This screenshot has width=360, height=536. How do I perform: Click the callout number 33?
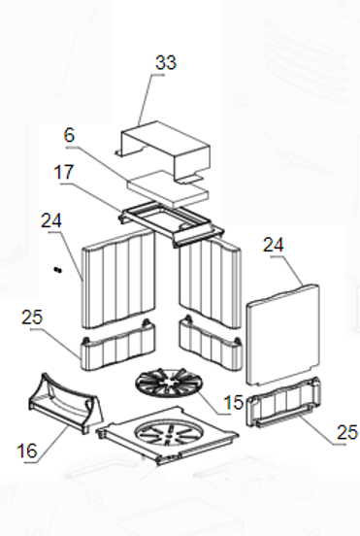[x=166, y=62]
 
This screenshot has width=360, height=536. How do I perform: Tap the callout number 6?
[x=69, y=135]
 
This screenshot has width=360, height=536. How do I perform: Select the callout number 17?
[x=64, y=172]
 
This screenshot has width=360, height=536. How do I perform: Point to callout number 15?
[x=234, y=402]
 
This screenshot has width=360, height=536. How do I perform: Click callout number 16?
[x=26, y=451]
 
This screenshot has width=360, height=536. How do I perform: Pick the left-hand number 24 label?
[x=51, y=220]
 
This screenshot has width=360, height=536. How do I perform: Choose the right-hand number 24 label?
[x=274, y=245]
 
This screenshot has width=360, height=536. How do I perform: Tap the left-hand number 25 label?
[x=32, y=318]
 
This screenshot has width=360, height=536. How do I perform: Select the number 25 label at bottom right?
[x=347, y=432]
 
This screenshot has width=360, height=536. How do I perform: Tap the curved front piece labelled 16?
[x=66, y=403]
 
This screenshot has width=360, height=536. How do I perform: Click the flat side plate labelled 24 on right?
[x=282, y=335]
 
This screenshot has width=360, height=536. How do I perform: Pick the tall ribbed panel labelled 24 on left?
[x=118, y=279]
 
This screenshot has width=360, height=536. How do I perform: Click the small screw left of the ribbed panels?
[x=57, y=270]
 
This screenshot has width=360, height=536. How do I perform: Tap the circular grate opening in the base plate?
[x=166, y=431]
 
